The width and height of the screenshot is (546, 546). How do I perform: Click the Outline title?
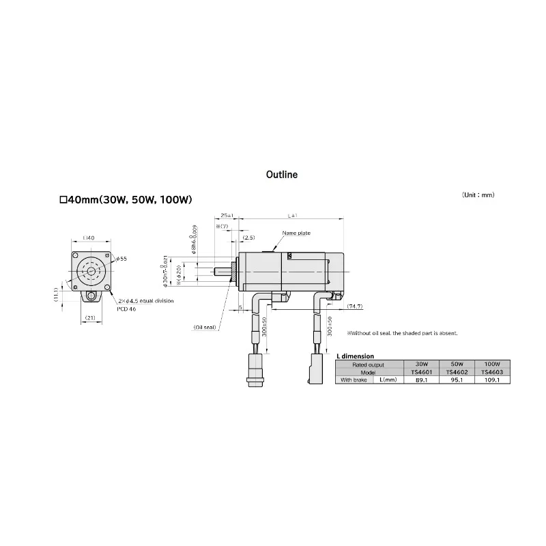click(282, 175)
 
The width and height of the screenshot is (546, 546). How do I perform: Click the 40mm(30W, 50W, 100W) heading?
click(126, 200)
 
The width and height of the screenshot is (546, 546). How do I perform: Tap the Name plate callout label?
click(296, 233)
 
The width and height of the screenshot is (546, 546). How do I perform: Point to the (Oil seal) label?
click(204, 327)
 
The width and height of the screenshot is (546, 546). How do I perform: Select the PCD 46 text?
click(128, 309)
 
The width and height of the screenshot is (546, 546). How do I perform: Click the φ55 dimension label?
click(121, 259)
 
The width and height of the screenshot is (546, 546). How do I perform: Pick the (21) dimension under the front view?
click(89, 317)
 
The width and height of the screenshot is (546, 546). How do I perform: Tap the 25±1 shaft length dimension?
click(226, 216)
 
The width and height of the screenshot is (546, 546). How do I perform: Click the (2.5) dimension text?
click(248, 238)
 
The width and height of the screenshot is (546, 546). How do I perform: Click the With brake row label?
click(354, 380)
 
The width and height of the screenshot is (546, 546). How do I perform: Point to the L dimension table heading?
click(356, 356)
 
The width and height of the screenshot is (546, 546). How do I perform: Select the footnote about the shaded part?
click(402, 333)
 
